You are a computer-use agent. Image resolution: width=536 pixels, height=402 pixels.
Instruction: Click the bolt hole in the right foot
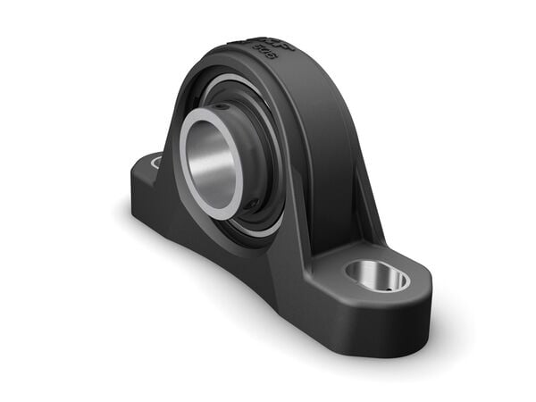[378, 275]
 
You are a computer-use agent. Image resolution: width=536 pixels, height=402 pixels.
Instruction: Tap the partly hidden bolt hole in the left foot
[155, 162]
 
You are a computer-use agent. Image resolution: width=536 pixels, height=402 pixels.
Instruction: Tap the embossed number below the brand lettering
[266, 54]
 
